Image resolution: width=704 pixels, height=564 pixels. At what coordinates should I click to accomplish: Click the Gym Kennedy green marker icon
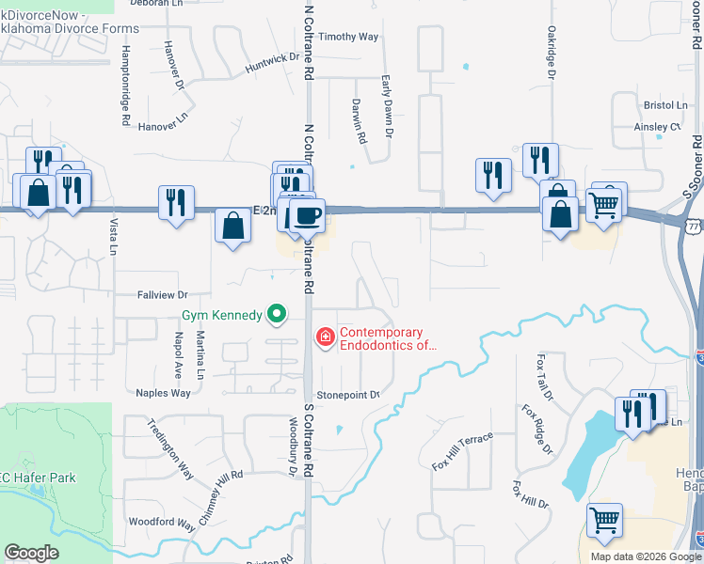[x=276, y=314]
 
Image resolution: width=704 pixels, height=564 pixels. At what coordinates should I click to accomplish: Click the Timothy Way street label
[x=348, y=37]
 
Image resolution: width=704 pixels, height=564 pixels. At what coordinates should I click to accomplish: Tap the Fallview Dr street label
[x=163, y=294]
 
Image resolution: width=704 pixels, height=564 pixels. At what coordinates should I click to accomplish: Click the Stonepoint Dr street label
[x=348, y=395]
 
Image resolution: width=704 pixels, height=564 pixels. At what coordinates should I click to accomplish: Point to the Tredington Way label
[x=169, y=448]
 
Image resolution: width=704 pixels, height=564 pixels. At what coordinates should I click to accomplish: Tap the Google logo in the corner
[x=31, y=553]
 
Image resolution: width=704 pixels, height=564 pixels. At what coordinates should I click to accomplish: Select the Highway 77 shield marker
[x=693, y=227]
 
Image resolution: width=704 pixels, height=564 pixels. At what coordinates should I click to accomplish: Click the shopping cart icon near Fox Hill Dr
[x=604, y=520]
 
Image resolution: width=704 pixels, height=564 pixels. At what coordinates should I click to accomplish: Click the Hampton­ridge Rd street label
[x=125, y=86]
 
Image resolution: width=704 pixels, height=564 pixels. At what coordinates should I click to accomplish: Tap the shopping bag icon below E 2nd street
[x=232, y=227]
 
